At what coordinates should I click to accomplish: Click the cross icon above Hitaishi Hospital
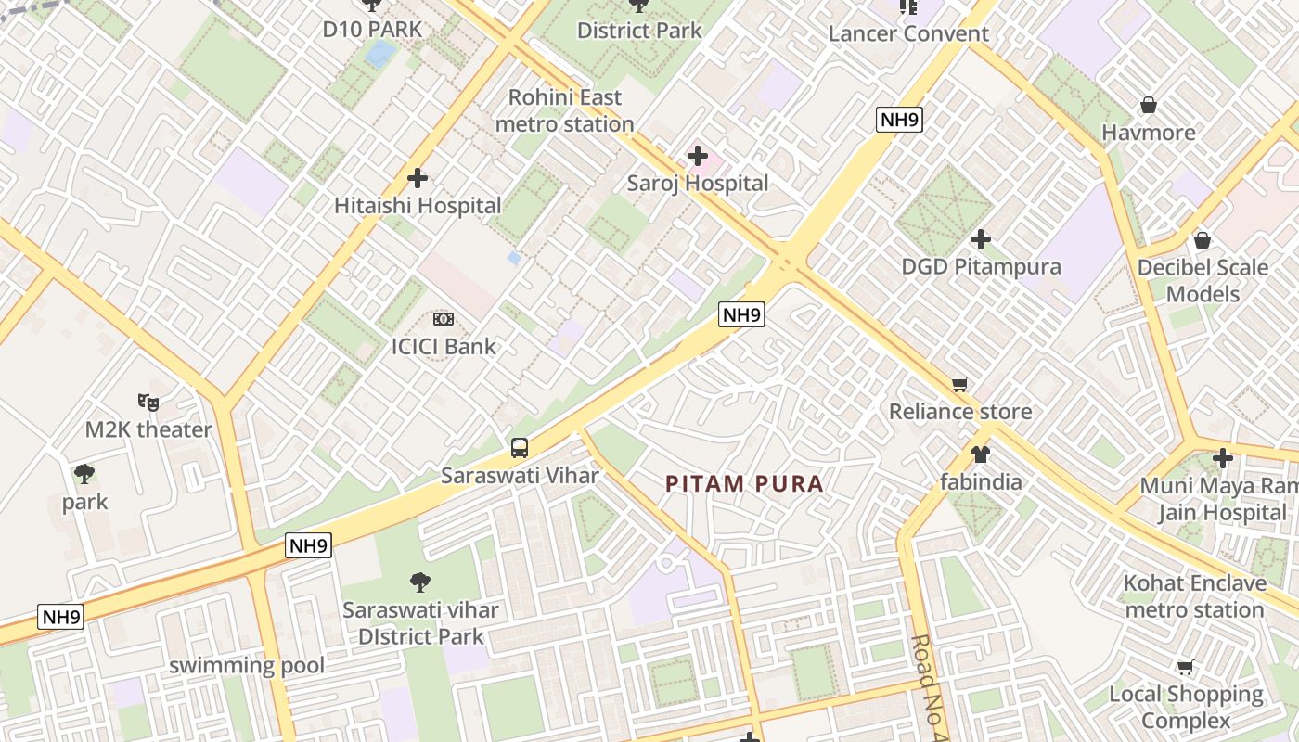pyautogui.click(x=418, y=177)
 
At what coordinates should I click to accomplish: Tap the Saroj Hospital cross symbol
pyautogui.click(x=697, y=156)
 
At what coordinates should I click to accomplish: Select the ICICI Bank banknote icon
pyautogui.click(x=444, y=319)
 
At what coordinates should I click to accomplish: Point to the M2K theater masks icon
pyautogui.click(x=148, y=403)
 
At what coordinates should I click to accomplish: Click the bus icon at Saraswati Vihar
pyautogui.click(x=520, y=448)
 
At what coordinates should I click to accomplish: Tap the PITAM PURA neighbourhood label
pyautogui.click(x=744, y=483)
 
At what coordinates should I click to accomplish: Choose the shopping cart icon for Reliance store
pyautogui.click(x=960, y=384)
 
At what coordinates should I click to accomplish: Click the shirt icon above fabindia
pyautogui.click(x=980, y=454)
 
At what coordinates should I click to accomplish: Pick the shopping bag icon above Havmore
pyautogui.click(x=1148, y=105)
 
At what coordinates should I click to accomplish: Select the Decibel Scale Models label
pyautogui.click(x=1203, y=280)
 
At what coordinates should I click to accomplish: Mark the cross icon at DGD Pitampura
pyautogui.click(x=981, y=239)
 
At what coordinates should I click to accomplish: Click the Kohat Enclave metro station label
pyautogui.click(x=1194, y=596)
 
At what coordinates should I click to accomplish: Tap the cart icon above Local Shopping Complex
pyautogui.click(x=1185, y=667)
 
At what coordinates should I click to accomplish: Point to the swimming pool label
pyautogui.click(x=247, y=665)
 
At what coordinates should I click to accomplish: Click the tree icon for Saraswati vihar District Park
pyautogui.click(x=420, y=582)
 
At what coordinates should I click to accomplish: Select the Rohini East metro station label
pyautogui.click(x=564, y=110)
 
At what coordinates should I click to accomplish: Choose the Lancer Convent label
pyautogui.click(x=908, y=34)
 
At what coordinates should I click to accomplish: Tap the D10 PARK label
pyautogui.click(x=372, y=29)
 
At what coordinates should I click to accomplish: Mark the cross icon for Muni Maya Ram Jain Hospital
pyautogui.click(x=1222, y=457)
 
